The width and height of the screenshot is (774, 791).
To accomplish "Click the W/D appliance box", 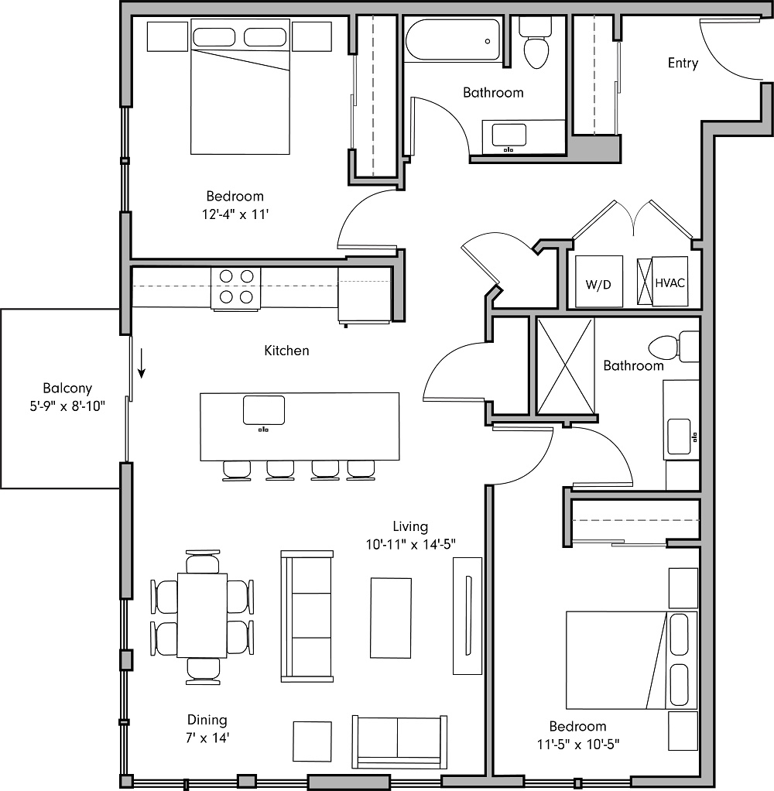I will (599, 279).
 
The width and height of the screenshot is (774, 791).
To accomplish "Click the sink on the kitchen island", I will (264, 409).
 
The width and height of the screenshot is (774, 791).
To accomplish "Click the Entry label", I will (683, 63).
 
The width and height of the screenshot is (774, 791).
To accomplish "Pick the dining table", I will (202, 615).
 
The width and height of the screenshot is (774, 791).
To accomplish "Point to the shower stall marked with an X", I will (565, 365).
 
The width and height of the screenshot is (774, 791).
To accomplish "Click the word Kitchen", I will (286, 351).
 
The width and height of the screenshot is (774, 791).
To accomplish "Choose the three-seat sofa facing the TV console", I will (307, 615).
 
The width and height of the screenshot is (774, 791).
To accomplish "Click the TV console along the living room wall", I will (467, 615).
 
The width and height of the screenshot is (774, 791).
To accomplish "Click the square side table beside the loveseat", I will (313, 741).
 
